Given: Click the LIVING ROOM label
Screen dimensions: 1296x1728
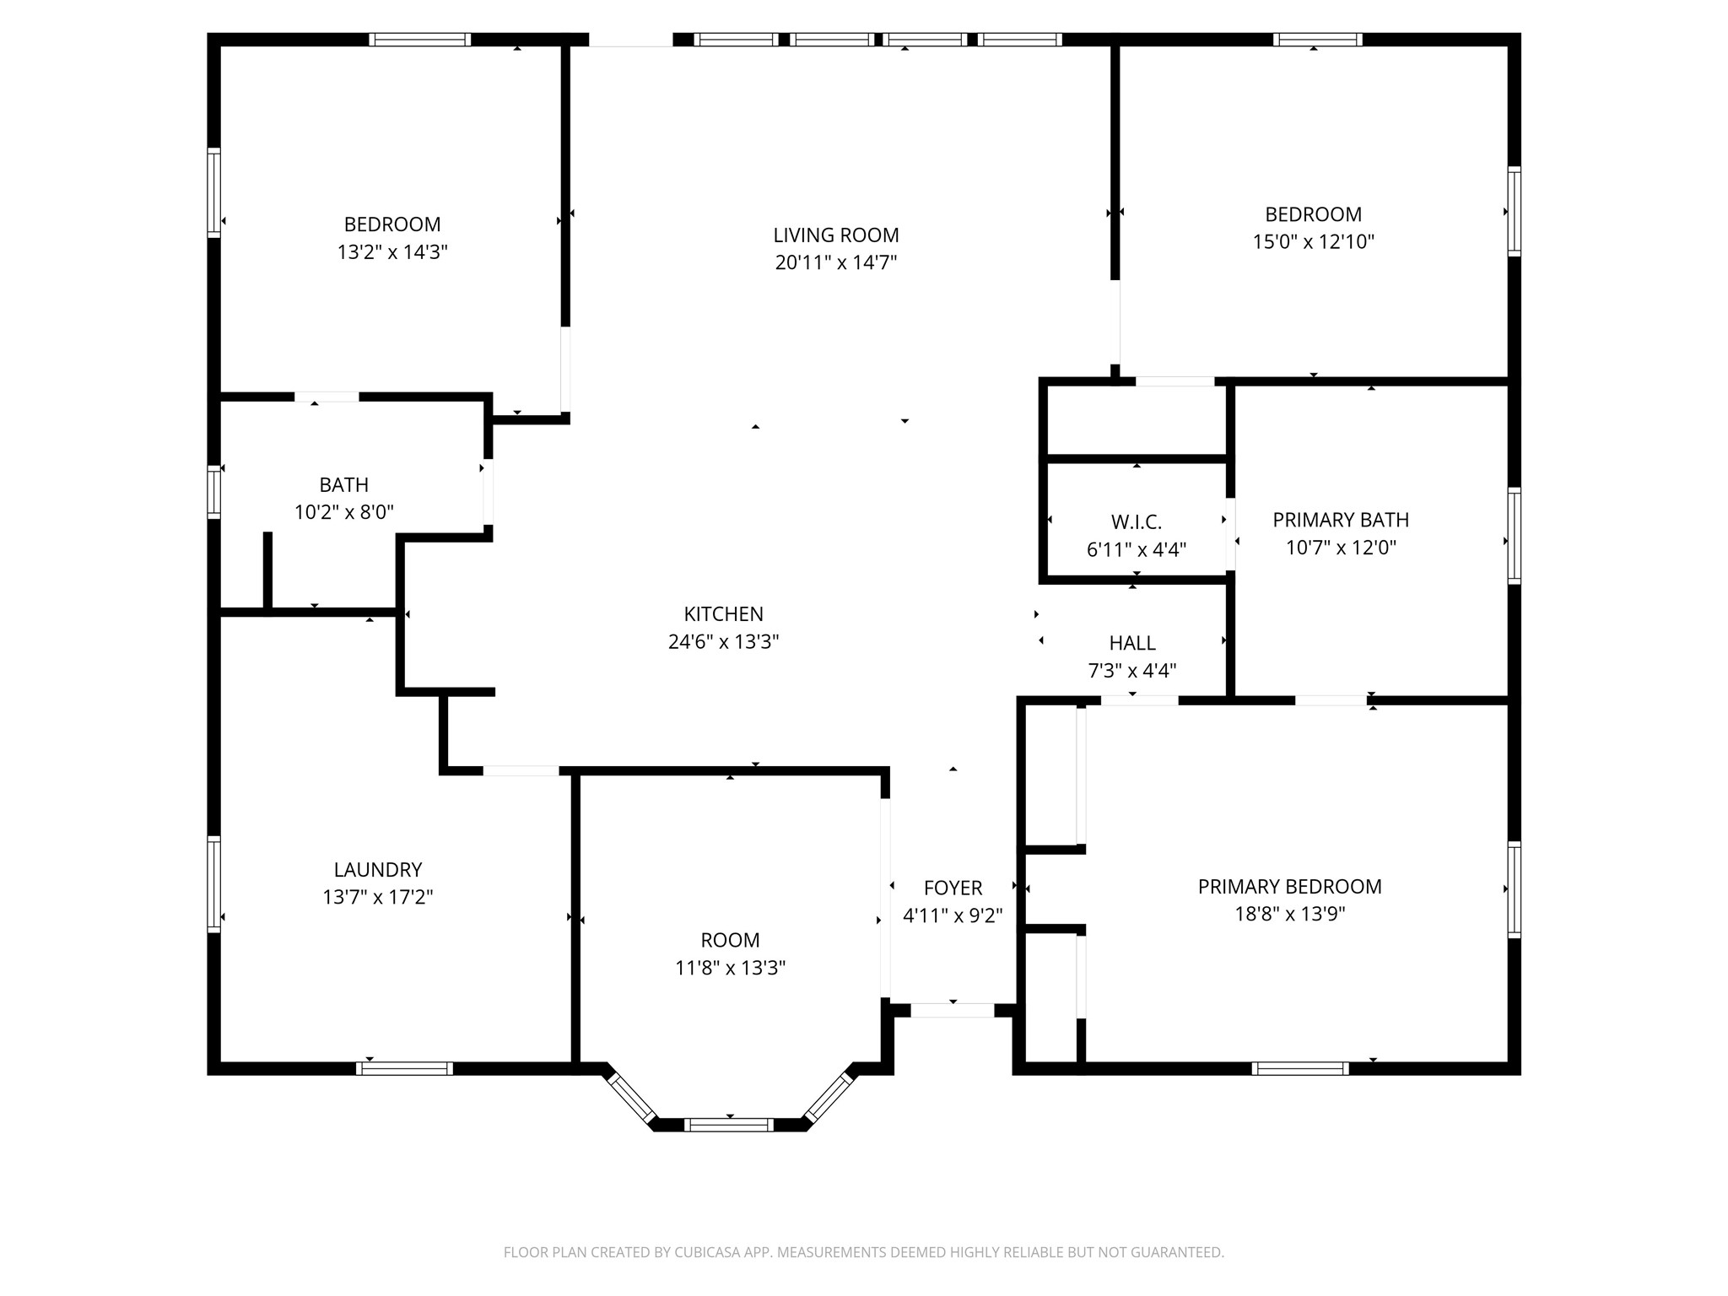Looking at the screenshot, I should click(x=835, y=235).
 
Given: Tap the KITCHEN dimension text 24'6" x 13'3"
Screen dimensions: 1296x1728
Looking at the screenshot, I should click(x=723, y=642).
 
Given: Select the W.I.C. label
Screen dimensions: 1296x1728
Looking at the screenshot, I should click(x=1136, y=522).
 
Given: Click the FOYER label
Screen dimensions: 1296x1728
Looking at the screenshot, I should click(x=953, y=888).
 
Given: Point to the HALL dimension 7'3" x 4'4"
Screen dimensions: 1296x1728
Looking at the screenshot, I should click(x=1131, y=671).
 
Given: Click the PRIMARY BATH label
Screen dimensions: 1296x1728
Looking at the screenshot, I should click(x=1340, y=520).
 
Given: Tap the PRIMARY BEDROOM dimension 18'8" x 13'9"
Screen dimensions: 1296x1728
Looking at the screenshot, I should click(x=1289, y=914).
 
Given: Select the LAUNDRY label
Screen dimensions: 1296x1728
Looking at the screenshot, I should click(x=377, y=869).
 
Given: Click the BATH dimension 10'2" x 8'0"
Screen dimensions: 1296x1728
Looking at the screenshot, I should click(x=343, y=512).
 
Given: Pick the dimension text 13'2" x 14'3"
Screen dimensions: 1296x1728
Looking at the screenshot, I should click(x=391, y=251).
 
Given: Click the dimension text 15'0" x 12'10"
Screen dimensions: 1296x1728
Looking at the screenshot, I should click(x=1313, y=241).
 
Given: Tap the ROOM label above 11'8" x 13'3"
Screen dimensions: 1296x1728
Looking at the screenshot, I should click(x=730, y=940).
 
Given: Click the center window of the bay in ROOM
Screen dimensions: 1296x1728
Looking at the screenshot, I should click(x=728, y=1124).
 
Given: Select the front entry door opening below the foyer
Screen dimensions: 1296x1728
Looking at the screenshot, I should click(x=952, y=1010).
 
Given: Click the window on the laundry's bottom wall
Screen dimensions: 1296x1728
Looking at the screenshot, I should click(x=404, y=1068).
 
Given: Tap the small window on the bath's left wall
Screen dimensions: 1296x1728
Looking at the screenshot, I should click(x=214, y=492).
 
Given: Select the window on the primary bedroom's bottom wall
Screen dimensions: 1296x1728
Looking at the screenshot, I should click(x=1299, y=1068).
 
